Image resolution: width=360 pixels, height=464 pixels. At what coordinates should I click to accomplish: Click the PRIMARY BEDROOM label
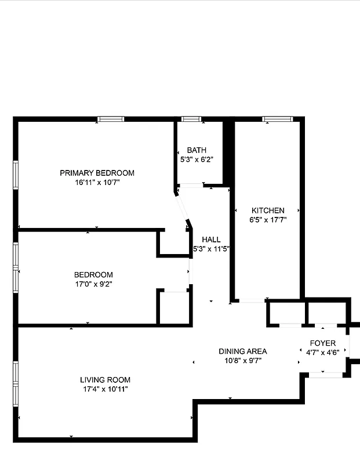click(97, 173)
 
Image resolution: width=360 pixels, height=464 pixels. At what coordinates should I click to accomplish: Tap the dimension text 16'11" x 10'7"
click(97, 183)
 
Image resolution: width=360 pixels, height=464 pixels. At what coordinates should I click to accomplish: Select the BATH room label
click(197, 150)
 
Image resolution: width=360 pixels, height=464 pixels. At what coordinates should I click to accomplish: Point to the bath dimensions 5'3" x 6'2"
click(197, 159)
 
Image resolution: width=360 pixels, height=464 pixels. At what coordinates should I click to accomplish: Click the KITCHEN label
click(267, 210)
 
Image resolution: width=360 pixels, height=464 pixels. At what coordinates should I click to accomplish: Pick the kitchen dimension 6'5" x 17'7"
click(267, 220)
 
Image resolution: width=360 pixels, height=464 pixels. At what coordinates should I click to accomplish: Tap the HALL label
click(211, 240)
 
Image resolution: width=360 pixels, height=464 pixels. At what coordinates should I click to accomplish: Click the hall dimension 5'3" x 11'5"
click(212, 249)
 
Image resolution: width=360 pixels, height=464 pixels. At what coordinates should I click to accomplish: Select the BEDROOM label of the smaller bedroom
click(93, 275)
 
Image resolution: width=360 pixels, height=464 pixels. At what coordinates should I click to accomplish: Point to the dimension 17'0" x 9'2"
click(93, 285)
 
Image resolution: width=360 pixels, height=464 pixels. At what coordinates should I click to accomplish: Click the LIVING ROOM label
click(104, 380)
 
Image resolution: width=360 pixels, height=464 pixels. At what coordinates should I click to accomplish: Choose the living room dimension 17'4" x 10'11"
click(104, 389)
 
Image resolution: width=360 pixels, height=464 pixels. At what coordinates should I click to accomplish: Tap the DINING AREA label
click(242, 351)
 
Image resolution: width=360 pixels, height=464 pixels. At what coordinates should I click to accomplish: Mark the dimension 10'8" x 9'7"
click(242, 360)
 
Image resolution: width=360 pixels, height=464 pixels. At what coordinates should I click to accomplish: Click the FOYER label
click(322, 343)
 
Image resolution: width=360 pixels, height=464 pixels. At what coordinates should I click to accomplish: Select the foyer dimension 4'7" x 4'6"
click(322, 352)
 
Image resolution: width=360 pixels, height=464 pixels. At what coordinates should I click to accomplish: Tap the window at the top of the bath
click(191, 119)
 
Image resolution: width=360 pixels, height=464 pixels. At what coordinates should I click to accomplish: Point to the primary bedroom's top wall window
click(111, 119)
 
